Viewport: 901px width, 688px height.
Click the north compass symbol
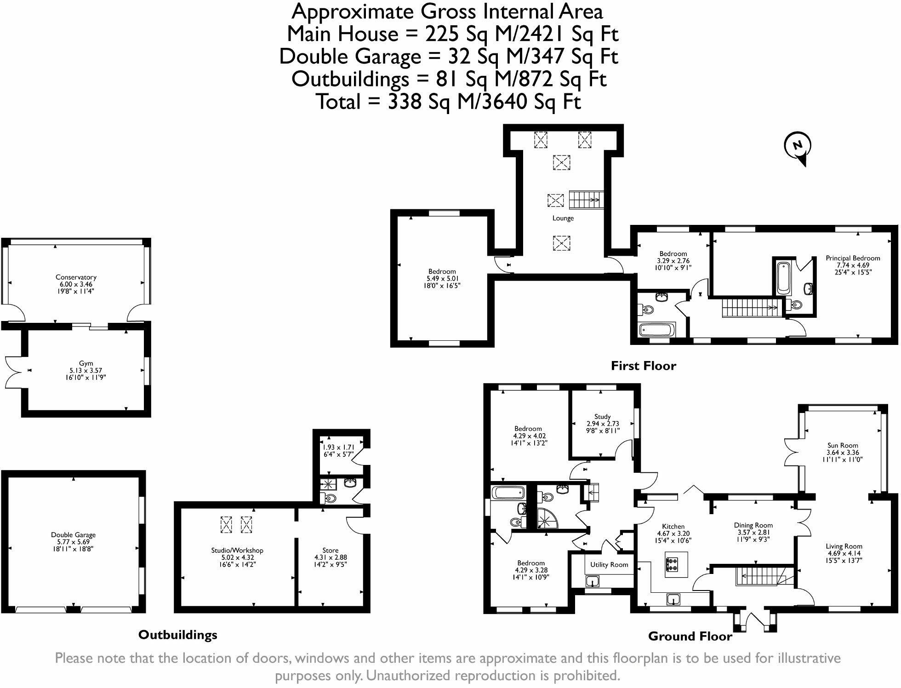(798, 146)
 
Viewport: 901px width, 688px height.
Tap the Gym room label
(86, 363)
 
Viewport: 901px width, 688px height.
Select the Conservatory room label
(76, 277)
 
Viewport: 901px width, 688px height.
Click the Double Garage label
(73, 535)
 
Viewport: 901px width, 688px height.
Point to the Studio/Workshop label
(237, 550)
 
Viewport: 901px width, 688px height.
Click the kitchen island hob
(673, 564)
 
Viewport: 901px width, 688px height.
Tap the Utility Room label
(609, 565)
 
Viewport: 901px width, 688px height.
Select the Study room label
(602, 417)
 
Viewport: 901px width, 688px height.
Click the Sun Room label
(843, 445)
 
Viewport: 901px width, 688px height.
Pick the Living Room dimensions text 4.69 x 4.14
(844, 554)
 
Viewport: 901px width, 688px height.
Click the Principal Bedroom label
(853, 258)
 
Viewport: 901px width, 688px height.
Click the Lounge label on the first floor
(563, 218)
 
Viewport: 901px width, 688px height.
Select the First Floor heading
(643, 366)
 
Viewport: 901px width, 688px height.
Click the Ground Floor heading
(690, 636)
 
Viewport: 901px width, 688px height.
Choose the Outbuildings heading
(177, 635)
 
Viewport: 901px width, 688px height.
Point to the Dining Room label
(753, 525)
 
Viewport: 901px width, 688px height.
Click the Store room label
(330, 550)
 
